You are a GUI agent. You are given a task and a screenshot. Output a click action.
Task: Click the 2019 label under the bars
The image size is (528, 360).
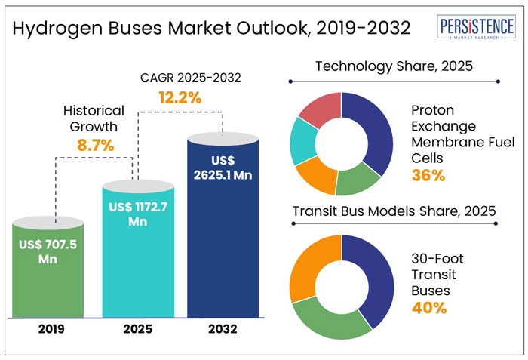48,329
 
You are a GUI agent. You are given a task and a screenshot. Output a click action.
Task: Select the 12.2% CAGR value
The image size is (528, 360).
179,97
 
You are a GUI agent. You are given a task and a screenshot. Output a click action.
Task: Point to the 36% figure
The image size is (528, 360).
426,175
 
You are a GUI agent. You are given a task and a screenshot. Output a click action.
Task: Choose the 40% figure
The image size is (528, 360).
428,307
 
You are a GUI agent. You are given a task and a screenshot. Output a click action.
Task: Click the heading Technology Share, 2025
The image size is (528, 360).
393,66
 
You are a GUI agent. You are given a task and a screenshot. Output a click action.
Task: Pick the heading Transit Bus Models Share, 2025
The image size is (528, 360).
393,211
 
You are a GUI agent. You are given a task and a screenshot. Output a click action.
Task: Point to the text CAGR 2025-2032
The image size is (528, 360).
179,78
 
